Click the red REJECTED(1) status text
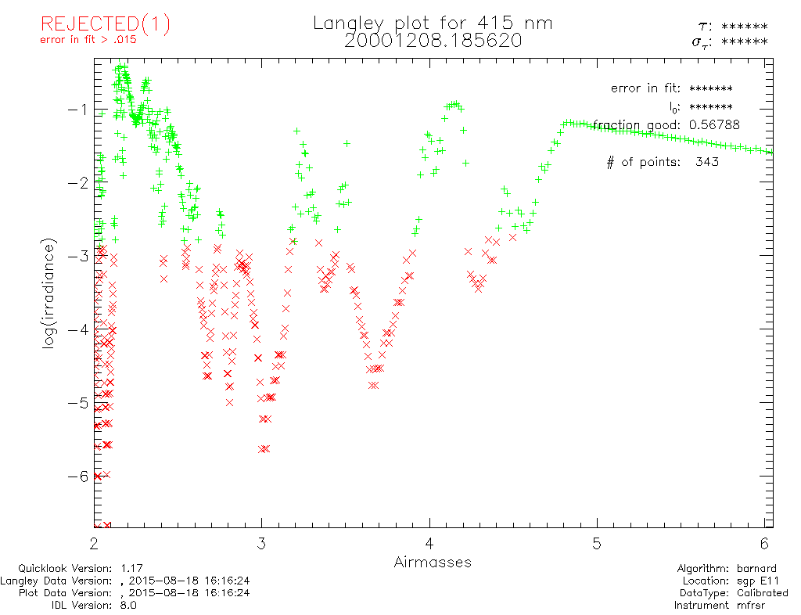[x=105, y=24]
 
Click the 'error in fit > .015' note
[x=88, y=41]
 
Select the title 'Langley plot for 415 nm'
[x=433, y=23]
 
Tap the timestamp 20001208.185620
[x=433, y=41]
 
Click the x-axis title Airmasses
[x=433, y=562]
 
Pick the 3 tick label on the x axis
[x=262, y=542]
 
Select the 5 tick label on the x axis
[x=597, y=542]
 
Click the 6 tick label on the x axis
[x=764, y=542]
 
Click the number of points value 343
[x=706, y=162]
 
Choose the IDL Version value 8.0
[x=127, y=605]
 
